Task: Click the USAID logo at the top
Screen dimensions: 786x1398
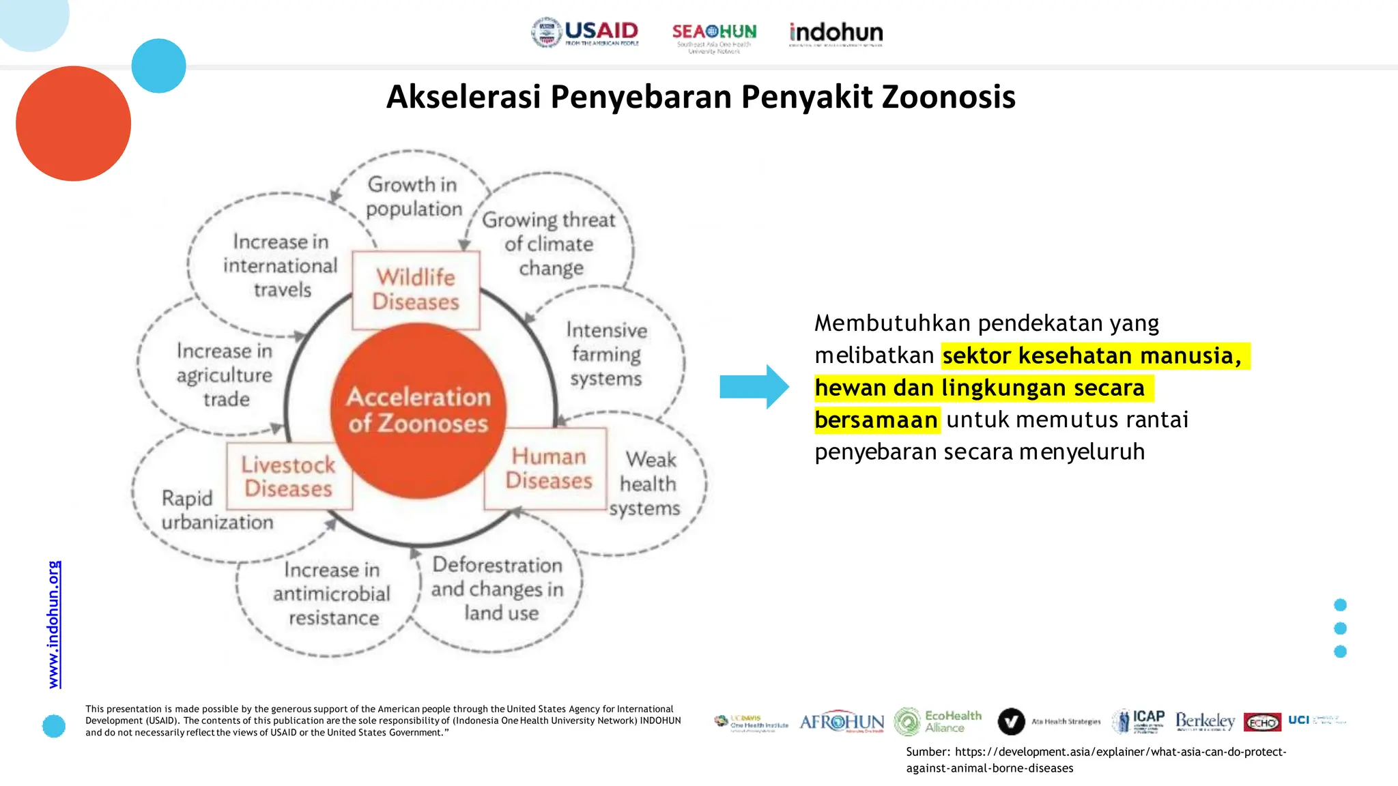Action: tap(586, 32)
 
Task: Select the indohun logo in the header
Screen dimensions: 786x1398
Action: tap(836, 33)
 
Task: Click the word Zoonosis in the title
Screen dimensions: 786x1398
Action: tap(948, 97)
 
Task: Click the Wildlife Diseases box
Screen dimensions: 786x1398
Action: tap(416, 290)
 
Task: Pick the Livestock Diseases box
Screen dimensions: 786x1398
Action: tap(289, 476)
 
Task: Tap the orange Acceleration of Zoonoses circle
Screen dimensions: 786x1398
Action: tap(418, 409)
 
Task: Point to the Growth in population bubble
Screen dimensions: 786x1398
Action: tap(413, 196)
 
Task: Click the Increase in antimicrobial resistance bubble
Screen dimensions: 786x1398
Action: tap(332, 594)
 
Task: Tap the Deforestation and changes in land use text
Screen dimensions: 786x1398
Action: tap(498, 589)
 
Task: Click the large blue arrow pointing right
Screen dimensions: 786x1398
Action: tap(754, 387)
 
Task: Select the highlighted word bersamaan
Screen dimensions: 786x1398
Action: tap(876, 420)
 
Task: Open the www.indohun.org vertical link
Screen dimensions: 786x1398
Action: tap(54, 624)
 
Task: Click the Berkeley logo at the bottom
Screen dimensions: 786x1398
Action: tap(1205, 721)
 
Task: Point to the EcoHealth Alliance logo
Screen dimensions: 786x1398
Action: tap(938, 721)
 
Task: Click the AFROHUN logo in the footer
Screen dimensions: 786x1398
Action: tap(841, 721)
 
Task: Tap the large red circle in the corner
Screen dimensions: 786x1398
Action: tap(73, 123)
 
